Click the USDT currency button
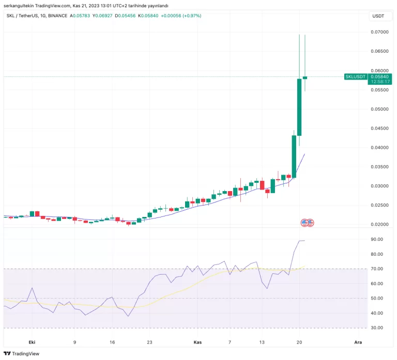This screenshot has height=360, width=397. click(x=378, y=17)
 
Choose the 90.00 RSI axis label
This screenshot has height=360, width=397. click(x=376, y=240)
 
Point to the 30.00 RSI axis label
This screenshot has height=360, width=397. click(x=376, y=328)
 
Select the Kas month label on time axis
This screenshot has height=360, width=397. click(x=197, y=342)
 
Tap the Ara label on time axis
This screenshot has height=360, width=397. click(x=357, y=342)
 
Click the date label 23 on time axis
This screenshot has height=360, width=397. click(x=149, y=342)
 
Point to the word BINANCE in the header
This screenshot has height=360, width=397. click(x=57, y=16)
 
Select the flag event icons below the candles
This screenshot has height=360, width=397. click(x=308, y=223)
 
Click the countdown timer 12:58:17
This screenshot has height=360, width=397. click(x=380, y=82)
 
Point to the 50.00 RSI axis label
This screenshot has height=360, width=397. click(x=376, y=299)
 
